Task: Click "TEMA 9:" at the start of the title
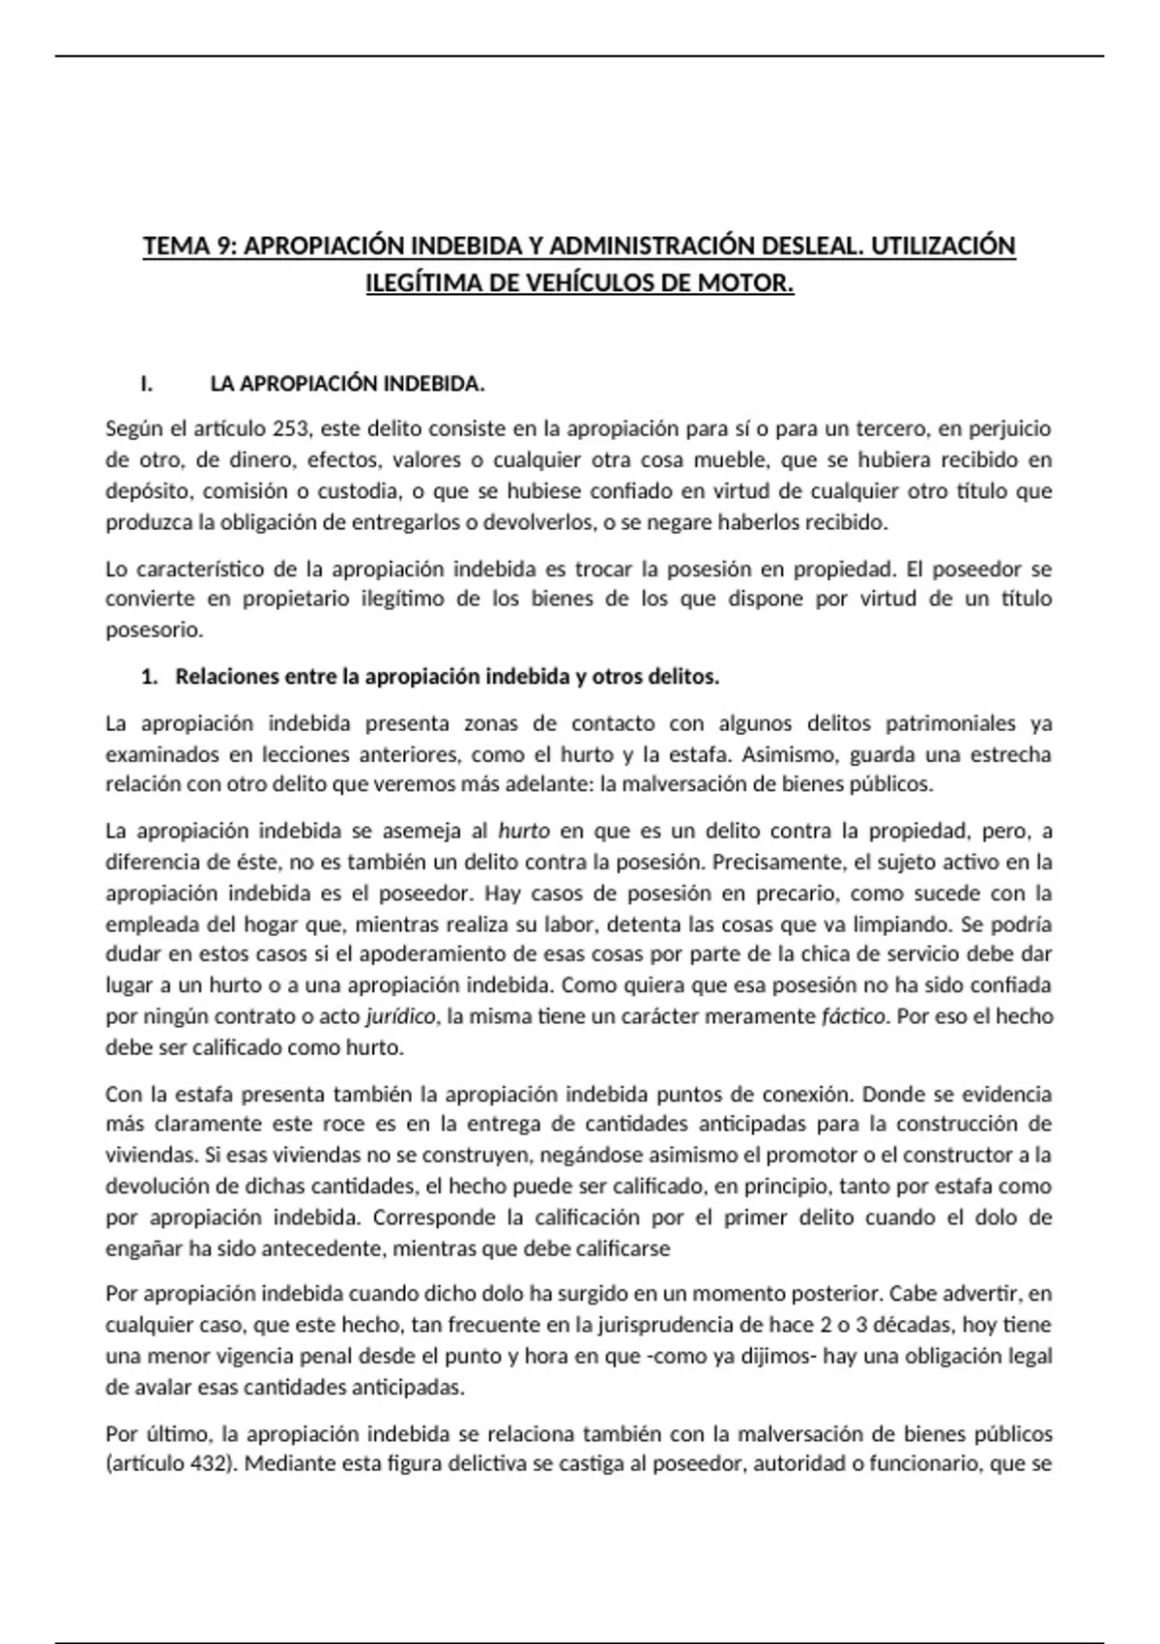(189, 246)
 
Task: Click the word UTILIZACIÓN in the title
(943, 246)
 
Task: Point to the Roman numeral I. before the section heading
(147, 384)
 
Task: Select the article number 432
(209, 1463)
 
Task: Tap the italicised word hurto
(524, 831)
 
